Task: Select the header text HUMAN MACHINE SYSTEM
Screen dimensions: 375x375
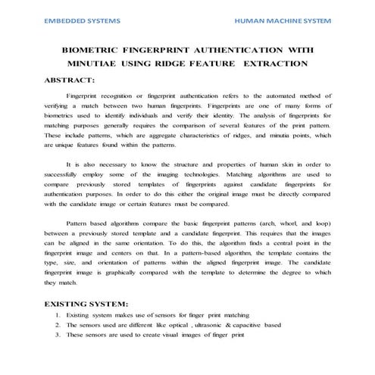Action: tap(283, 22)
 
